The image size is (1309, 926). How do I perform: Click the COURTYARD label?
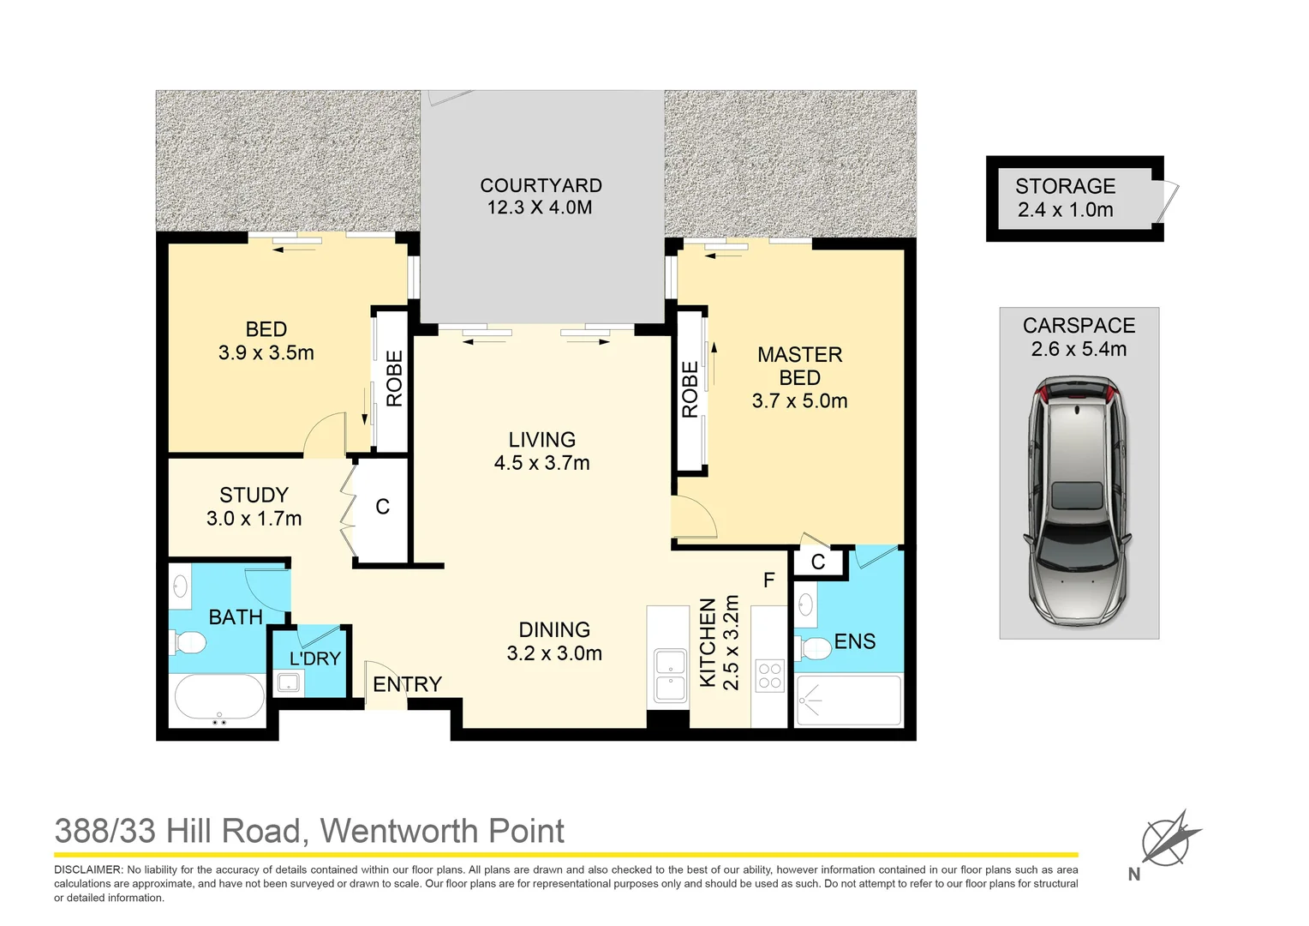pos(541,186)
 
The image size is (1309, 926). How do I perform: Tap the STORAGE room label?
pos(1065,187)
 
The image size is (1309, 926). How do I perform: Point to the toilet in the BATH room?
pos(189,642)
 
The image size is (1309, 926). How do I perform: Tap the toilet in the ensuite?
pos(814,649)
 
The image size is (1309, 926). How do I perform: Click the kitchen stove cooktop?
pos(769,676)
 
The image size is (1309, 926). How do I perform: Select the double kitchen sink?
pos(670,676)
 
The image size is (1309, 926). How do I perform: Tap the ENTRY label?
pos(407,684)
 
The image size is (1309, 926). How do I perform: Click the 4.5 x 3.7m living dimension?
pos(541,463)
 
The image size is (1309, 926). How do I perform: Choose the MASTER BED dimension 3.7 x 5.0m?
pos(799,401)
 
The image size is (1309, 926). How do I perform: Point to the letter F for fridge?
pos(768,580)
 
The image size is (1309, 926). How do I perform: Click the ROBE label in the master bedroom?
pos(690,390)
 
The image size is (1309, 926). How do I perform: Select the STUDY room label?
pos(254,496)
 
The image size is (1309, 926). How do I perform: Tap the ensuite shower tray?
pos(848,701)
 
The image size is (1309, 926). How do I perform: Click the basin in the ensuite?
pos(805,605)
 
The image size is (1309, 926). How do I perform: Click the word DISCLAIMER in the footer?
pos(88,869)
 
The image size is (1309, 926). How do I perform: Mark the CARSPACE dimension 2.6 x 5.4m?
pos(1079,350)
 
